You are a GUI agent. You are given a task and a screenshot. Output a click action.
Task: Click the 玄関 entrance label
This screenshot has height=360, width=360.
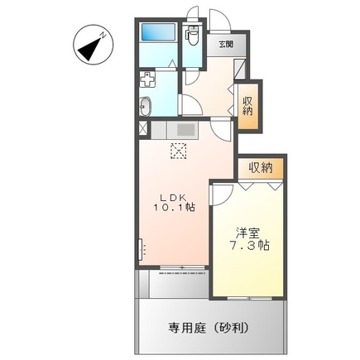coord(225,45)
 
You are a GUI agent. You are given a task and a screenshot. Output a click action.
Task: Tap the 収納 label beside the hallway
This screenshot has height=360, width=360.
coord(248,105)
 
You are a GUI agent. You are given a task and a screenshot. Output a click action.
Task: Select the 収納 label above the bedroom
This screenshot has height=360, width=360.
coord(261,168)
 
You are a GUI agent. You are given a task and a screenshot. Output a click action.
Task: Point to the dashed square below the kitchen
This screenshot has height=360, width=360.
coord(179,150)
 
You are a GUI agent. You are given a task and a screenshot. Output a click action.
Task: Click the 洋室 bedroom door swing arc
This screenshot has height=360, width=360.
coord(222,191)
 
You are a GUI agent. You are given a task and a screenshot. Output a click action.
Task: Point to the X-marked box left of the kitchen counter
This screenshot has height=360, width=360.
coord(143,129)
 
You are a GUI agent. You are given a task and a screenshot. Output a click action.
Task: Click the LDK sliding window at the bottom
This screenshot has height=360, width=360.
coord(177,266)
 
